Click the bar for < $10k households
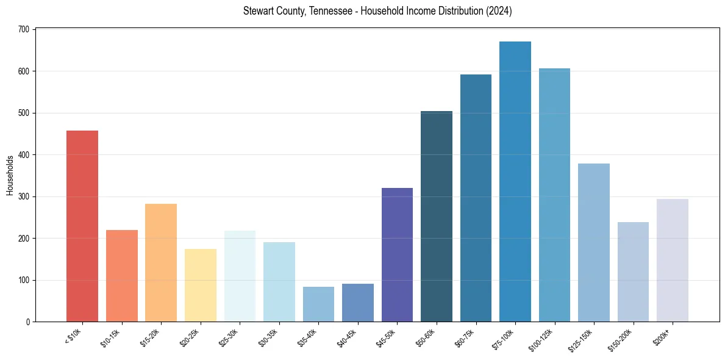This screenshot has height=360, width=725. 82,226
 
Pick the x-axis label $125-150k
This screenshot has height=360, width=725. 582,339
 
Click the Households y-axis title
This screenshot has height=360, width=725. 10,175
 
